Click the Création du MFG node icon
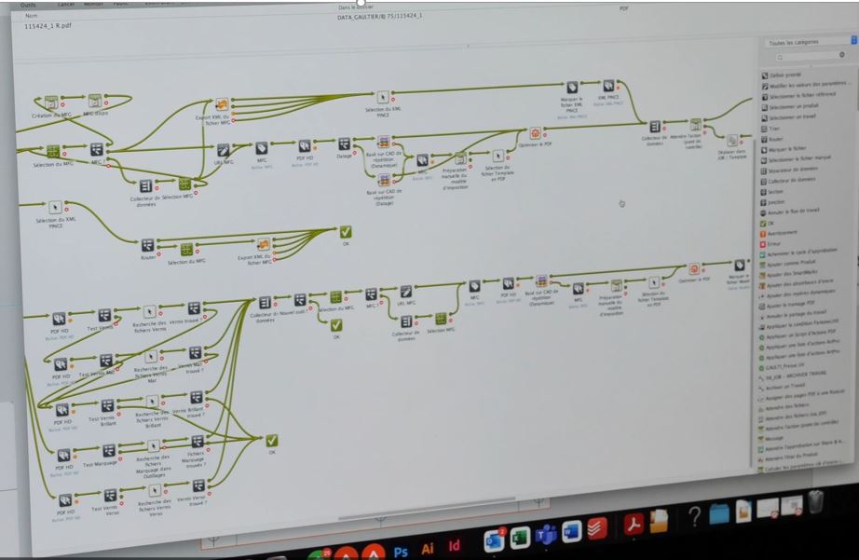tap(51, 102)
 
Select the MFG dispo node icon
tap(94, 101)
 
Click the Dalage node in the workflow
tap(344, 144)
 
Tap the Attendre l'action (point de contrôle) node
tap(695, 124)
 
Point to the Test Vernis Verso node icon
tap(110, 496)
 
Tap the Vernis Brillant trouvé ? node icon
tap(196, 397)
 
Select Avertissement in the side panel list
tap(775, 233)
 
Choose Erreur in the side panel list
tap(770, 243)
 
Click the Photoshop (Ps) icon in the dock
tap(401, 551)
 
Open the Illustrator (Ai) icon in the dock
tap(428, 549)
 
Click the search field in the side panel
tap(807, 56)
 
